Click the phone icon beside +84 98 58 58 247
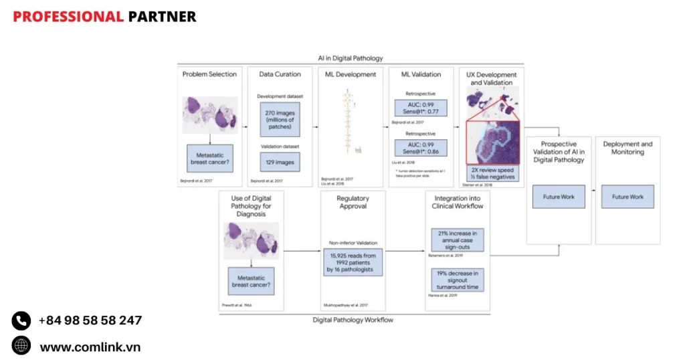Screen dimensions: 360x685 (21, 321)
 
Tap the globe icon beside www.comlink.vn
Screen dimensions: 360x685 (21, 346)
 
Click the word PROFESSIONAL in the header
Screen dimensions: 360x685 (68, 17)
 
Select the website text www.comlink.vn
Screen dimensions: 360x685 (90, 347)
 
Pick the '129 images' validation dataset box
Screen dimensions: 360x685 (280, 161)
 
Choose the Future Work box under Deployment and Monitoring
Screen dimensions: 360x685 (627, 197)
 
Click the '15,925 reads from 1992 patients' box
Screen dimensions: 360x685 (353, 263)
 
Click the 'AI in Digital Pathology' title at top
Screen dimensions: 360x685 (351, 58)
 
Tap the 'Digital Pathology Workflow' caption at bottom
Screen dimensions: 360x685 (353, 320)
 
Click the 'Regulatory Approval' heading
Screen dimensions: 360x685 (353, 201)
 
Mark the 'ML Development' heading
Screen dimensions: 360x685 (351, 74)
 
